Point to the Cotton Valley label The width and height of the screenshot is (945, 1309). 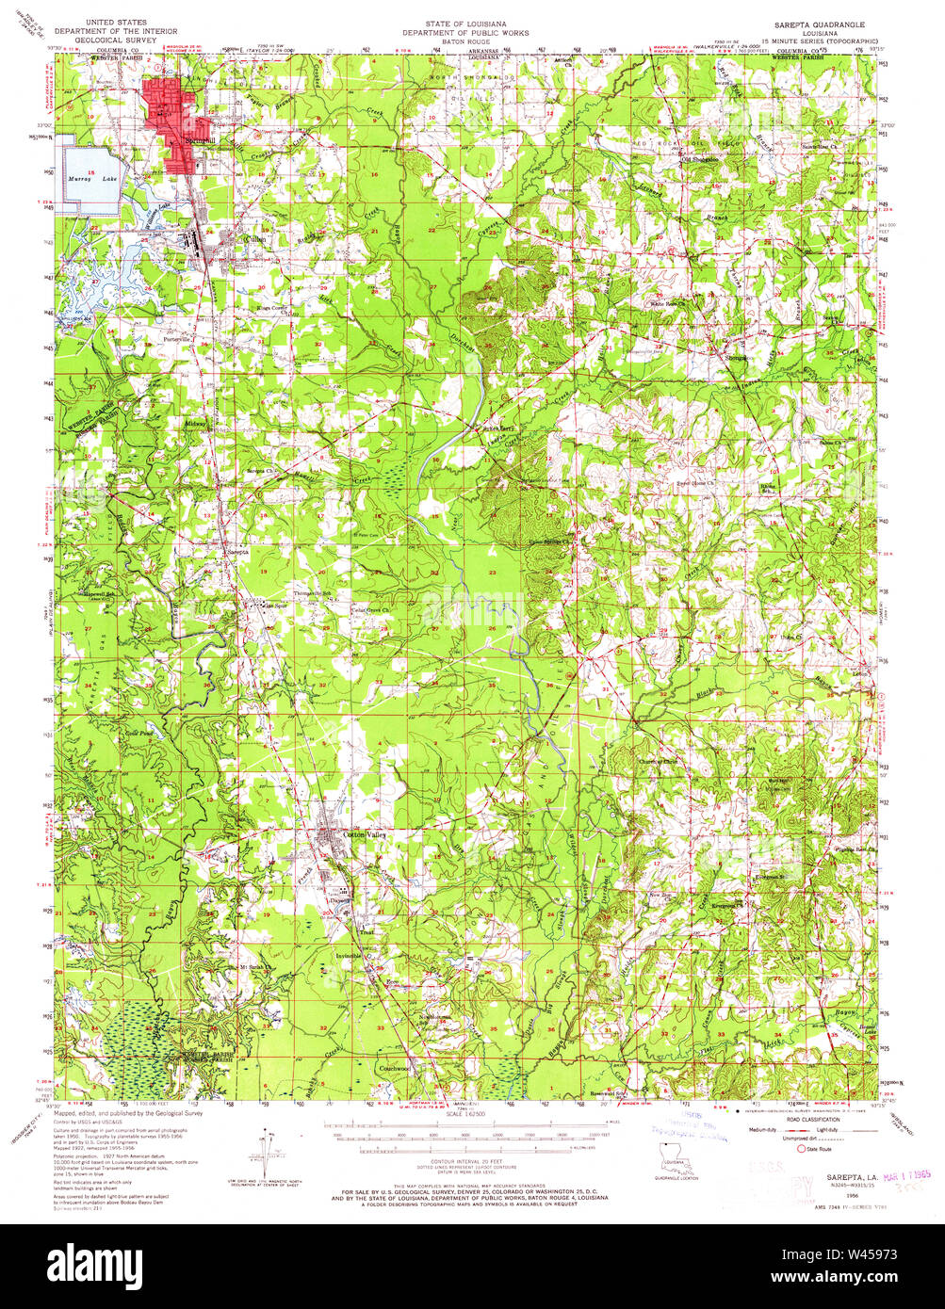pos(365,834)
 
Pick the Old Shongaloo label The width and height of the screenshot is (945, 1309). pos(698,159)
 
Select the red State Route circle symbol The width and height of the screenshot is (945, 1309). pos(802,1148)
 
